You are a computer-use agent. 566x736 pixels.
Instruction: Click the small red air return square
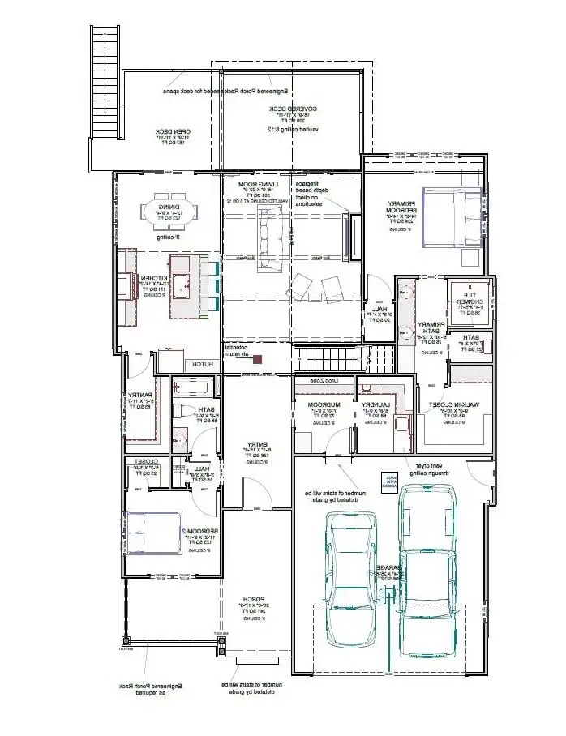[258, 358]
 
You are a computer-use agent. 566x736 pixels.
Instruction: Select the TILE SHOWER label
[471, 300]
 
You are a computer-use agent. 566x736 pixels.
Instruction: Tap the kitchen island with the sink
[184, 286]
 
